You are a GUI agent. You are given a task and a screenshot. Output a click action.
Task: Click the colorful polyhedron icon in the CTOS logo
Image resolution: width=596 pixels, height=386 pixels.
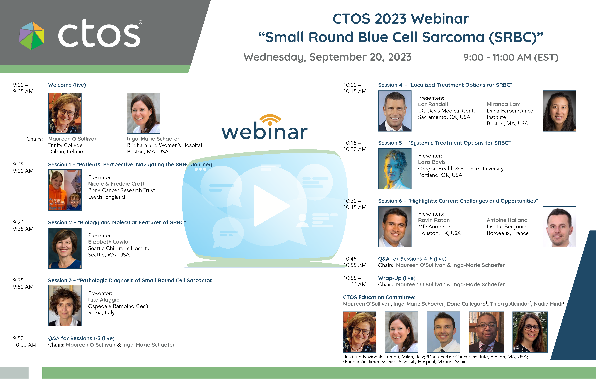(x=32, y=36)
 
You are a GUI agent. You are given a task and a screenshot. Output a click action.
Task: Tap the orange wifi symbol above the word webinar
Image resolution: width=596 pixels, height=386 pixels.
(x=270, y=120)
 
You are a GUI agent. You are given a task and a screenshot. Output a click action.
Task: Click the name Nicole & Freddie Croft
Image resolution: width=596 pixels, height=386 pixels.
(x=116, y=184)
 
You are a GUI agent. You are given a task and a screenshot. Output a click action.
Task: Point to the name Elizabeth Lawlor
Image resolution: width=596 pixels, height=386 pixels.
(x=109, y=242)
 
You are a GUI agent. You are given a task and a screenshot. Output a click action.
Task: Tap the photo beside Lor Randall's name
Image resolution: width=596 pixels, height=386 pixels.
(x=395, y=111)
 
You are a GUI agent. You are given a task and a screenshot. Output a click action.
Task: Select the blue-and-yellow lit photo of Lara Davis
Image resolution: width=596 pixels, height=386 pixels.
(x=395, y=169)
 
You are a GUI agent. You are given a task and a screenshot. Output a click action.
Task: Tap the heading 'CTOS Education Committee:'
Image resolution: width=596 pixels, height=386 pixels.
(x=379, y=297)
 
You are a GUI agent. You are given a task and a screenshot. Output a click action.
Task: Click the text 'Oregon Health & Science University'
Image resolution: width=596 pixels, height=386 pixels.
(x=461, y=169)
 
